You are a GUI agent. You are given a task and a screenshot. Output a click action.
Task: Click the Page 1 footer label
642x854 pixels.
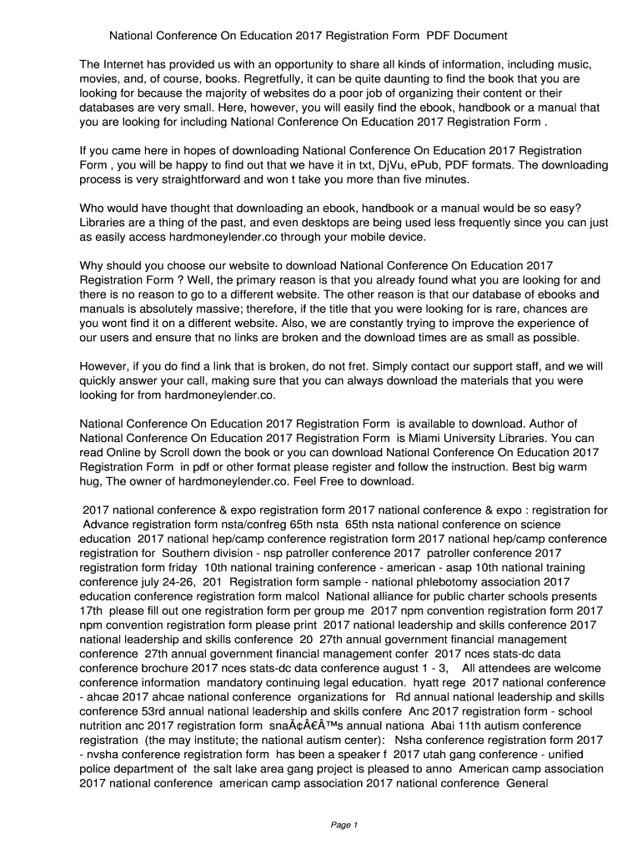click(344, 826)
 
